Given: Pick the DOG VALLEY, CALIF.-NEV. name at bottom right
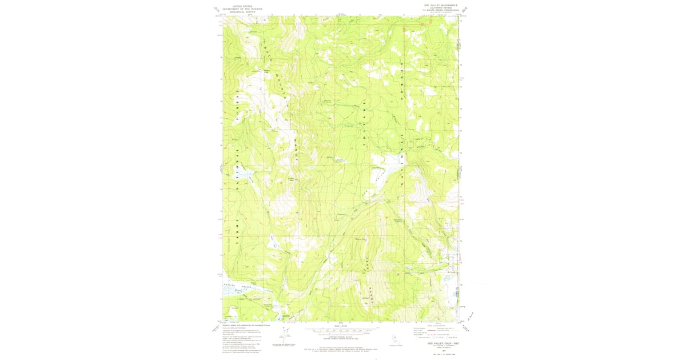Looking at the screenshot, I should point(441,343).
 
